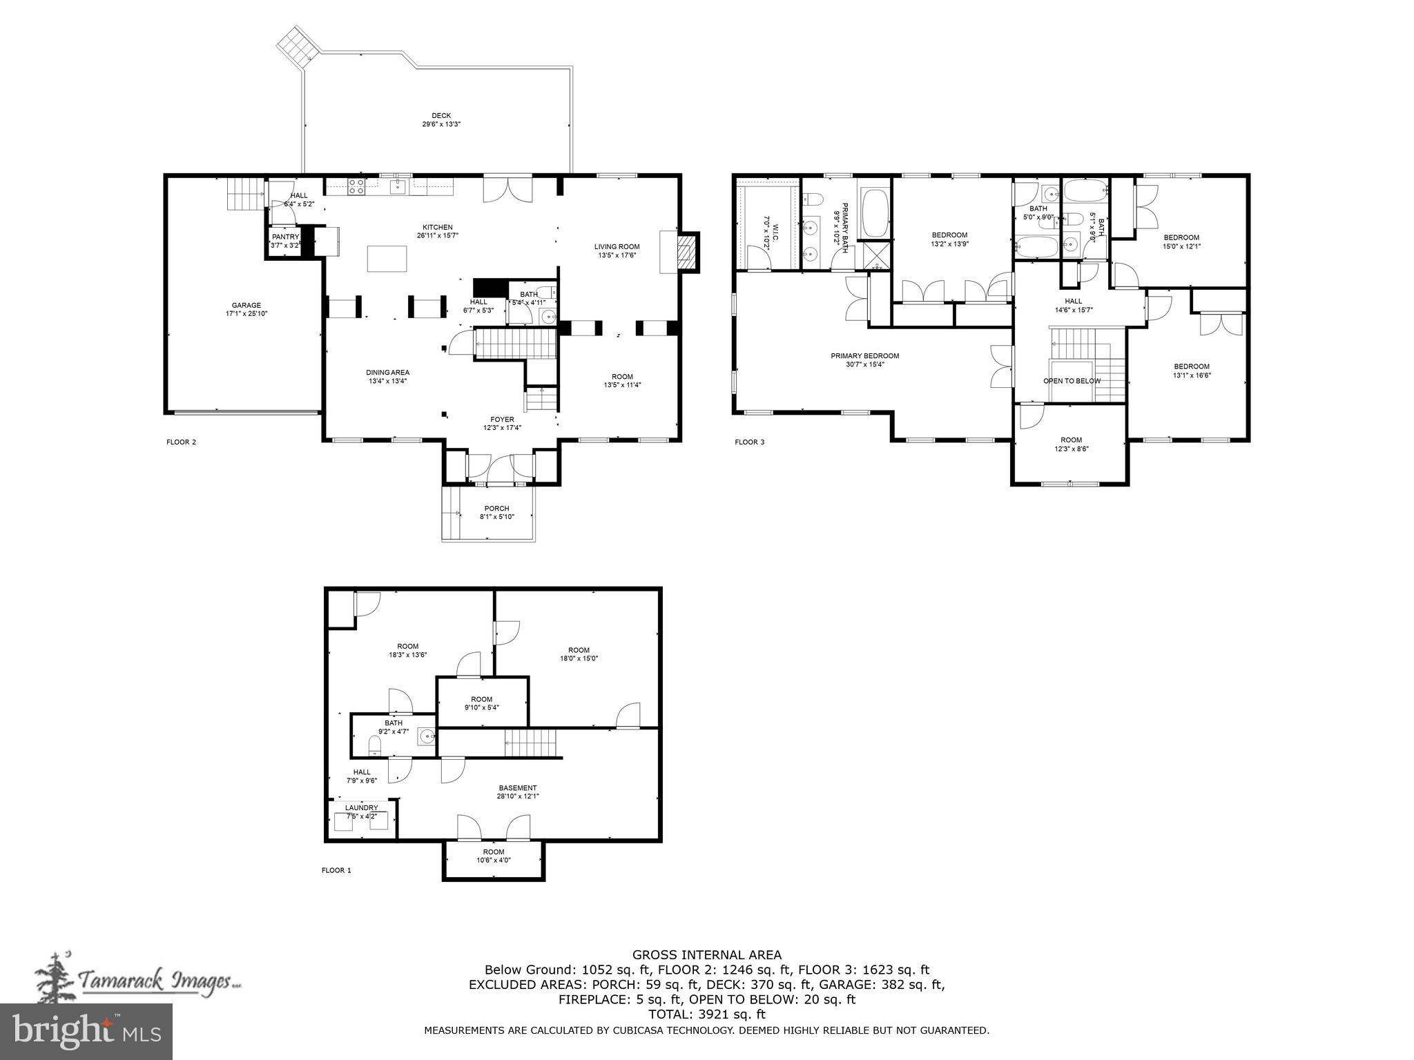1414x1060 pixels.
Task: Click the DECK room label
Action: point(441,116)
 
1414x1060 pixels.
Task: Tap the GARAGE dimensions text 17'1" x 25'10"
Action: point(246,314)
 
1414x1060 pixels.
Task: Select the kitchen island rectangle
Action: point(387,259)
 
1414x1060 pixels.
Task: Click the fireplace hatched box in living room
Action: point(686,252)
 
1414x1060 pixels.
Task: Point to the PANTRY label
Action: point(285,237)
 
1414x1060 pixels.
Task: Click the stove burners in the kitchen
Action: point(356,186)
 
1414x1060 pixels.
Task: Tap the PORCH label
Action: point(496,509)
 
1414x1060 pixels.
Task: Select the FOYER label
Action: point(502,420)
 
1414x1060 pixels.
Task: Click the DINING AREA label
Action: point(387,373)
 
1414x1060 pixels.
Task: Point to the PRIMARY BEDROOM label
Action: point(864,356)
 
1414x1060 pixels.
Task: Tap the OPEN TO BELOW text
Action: point(1072,381)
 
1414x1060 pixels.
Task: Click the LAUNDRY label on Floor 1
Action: point(361,808)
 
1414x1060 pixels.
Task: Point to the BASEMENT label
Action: point(517,788)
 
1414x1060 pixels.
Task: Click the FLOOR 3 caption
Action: point(749,442)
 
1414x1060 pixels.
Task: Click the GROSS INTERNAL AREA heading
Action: point(706,955)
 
